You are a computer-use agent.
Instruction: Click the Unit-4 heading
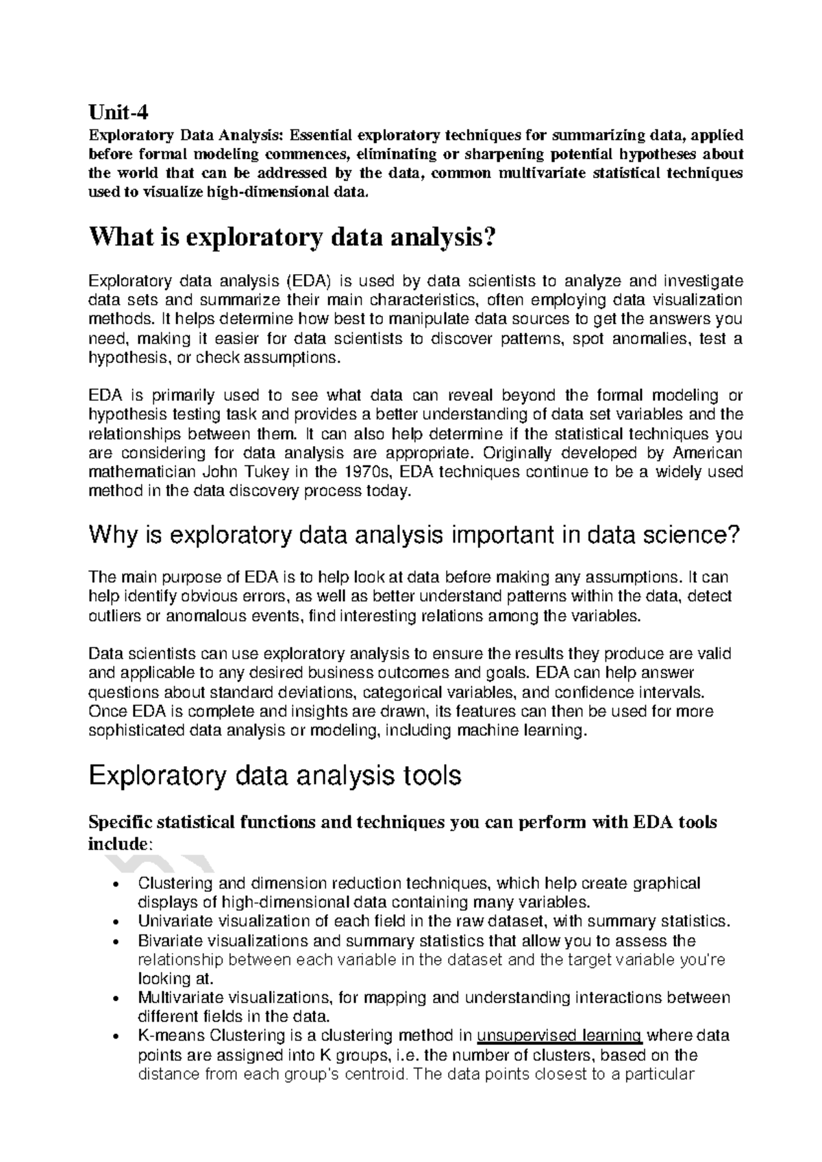pos(119,110)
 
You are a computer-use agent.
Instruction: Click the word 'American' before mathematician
pos(708,453)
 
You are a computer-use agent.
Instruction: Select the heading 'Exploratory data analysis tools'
pos(275,776)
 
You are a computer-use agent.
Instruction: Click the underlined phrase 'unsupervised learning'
pos(559,1035)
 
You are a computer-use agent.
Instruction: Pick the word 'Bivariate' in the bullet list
pos(167,940)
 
